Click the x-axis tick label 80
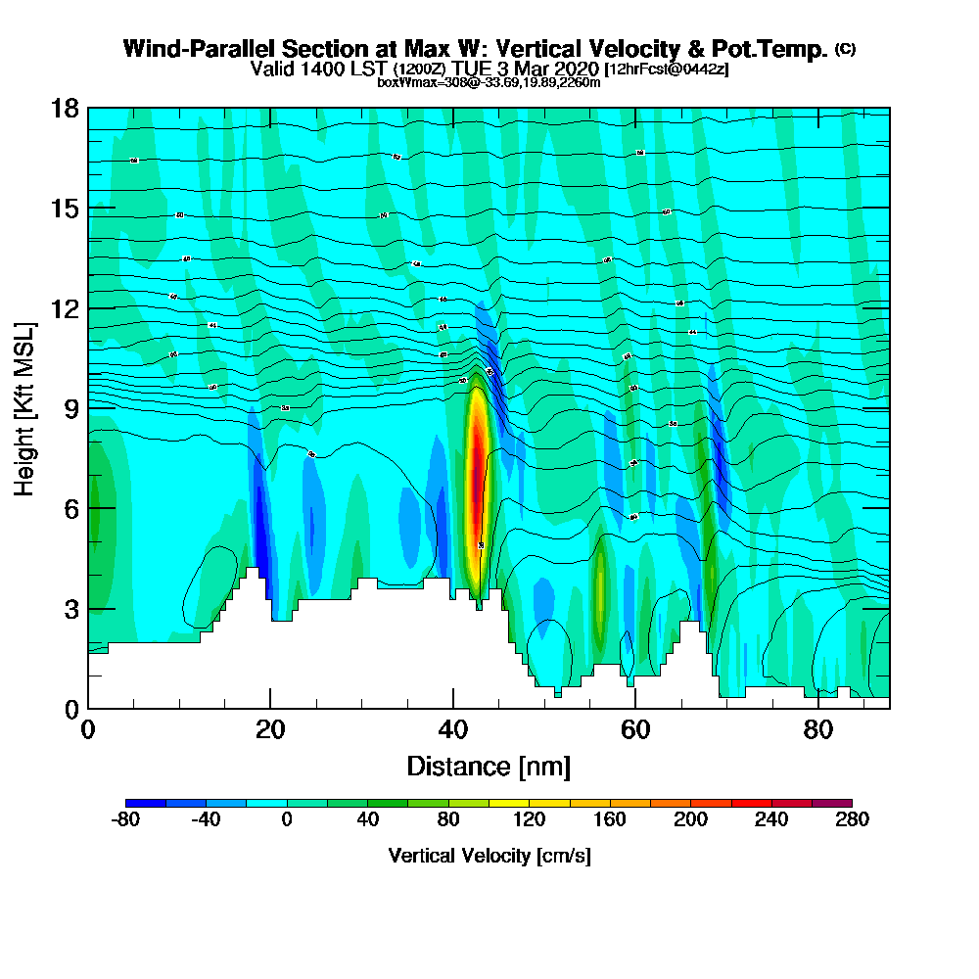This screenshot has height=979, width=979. pos(818,729)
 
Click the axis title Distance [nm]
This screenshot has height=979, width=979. pos(489,765)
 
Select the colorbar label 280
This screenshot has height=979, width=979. pos(851,819)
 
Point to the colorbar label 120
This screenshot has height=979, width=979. pos(529,819)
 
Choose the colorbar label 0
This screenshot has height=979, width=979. pos(287,819)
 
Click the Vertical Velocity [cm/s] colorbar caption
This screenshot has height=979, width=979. pos(489,856)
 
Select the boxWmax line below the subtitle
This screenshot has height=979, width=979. pos(489,82)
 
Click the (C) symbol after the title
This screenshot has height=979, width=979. pos(845,48)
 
